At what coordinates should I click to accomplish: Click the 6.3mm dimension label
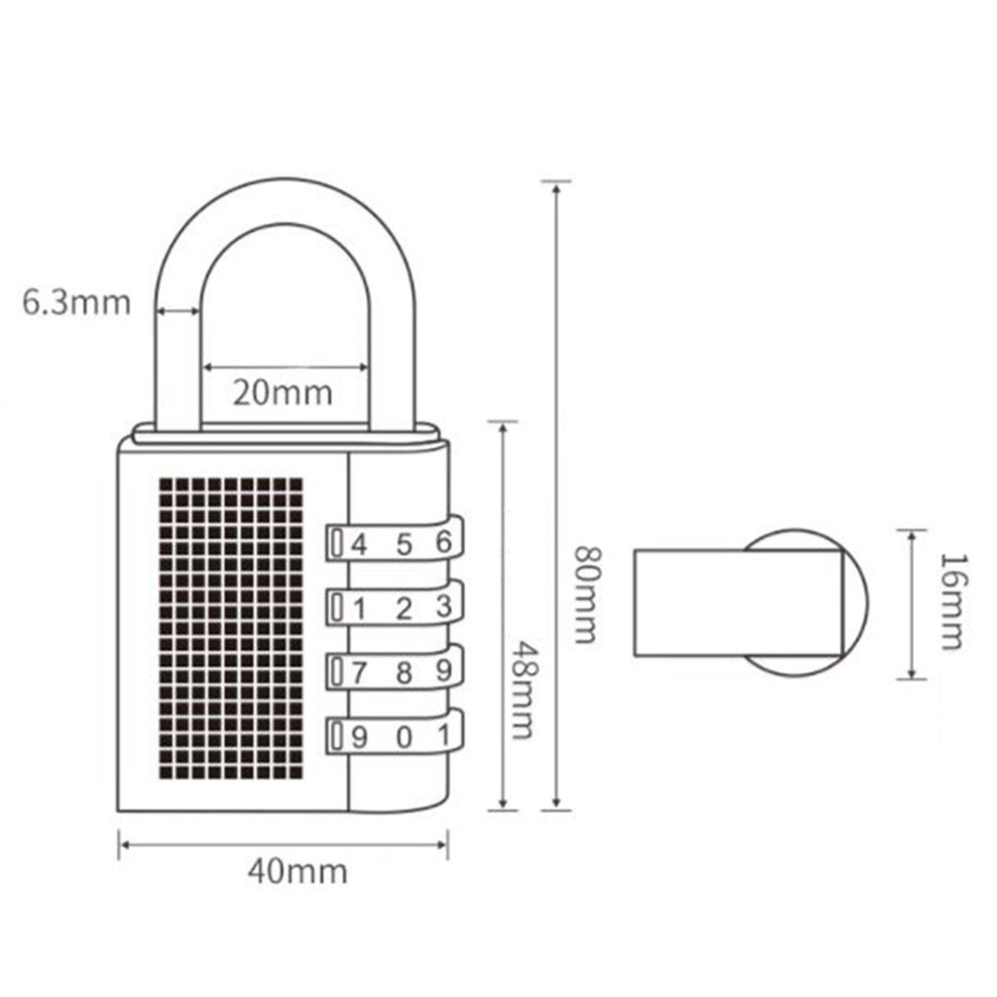coord(77,303)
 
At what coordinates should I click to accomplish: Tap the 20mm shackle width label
coord(282,392)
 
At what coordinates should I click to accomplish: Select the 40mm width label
coord(297,871)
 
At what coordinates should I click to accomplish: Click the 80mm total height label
coord(586,595)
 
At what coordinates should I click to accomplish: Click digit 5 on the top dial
coord(403,545)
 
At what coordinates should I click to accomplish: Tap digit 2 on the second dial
coord(403,609)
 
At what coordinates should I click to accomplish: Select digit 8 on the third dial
coord(403,673)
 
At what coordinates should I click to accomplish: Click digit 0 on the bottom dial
coord(403,738)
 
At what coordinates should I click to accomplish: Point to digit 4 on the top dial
coord(359,545)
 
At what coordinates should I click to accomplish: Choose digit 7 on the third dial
coord(359,673)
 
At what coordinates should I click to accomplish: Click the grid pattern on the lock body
coord(231,629)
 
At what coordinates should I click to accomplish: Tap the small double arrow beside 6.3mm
coord(177,311)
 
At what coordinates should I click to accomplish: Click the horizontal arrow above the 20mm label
coord(285,366)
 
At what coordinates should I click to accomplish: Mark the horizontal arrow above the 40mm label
coord(283,845)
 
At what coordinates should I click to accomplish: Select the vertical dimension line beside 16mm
coord(911,604)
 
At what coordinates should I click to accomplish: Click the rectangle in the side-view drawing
coord(739,603)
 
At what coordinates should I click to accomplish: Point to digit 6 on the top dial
coord(444,541)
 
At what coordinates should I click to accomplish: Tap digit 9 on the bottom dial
coord(359,738)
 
